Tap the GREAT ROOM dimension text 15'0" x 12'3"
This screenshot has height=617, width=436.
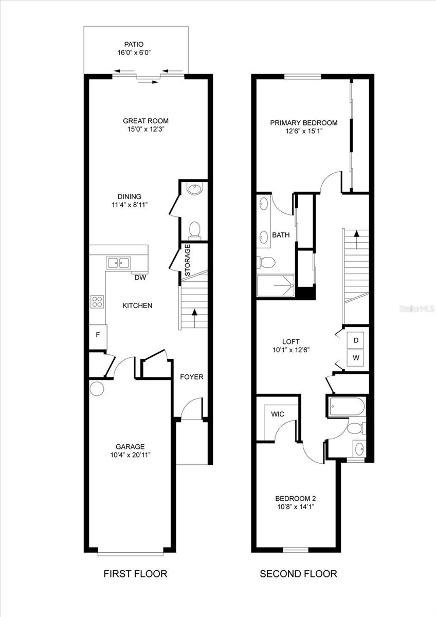(146, 129)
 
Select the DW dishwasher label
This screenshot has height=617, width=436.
(139, 278)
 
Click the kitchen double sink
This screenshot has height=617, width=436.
(118, 263)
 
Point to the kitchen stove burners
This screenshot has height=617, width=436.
(97, 302)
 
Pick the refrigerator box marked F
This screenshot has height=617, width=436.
(98, 334)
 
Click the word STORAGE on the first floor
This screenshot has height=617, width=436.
(188, 261)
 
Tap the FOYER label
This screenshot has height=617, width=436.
(191, 377)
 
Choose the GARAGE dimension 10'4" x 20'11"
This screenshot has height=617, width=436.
(130, 455)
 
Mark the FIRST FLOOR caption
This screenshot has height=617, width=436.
(135, 574)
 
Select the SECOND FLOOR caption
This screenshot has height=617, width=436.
(298, 574)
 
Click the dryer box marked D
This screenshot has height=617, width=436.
(356, 340)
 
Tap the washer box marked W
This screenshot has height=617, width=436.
(356, 357)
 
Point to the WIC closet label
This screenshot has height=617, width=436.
(277, 414)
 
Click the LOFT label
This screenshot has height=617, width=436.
(290, 341)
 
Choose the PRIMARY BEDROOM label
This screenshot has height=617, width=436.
(304, 123)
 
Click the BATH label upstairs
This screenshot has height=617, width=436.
(281, 235)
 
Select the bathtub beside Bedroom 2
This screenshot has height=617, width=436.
(347, 407)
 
